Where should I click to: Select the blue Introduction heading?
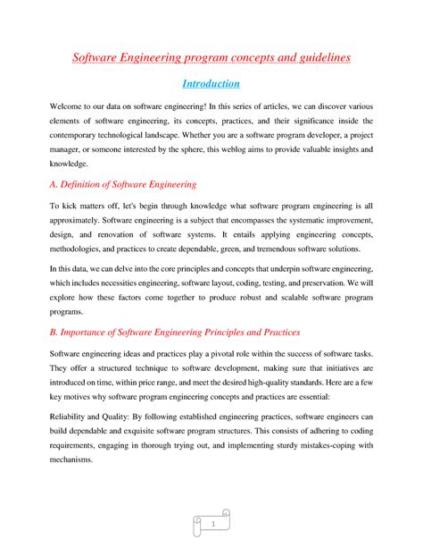tap(211, 85)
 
